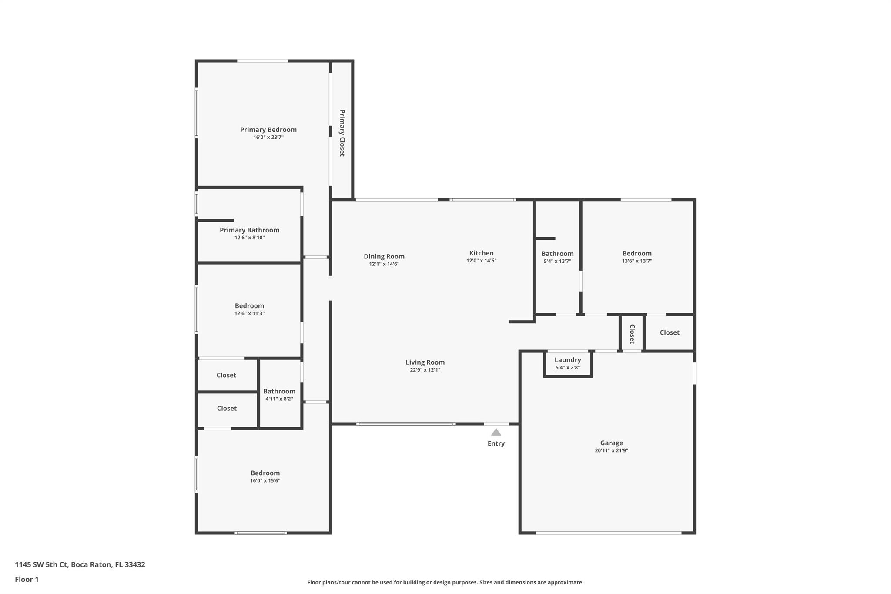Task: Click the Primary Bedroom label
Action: coord(268,130)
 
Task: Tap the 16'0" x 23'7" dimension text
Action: coord(268,138)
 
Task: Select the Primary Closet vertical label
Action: coord(342,133)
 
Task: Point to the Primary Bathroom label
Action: coord(249,230)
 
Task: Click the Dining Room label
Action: coord(384,257)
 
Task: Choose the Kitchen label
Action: coord(481,253)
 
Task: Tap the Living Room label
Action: coord(425,362)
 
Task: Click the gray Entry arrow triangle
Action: coord(496,432)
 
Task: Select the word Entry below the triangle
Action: coord(496,443)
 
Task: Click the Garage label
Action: coord(612,443)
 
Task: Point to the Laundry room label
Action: coord(568,360)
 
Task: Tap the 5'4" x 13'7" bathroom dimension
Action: coord(557,262)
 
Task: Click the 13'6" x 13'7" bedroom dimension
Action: coord(637,261)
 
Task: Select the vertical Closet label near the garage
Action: coord(632,334)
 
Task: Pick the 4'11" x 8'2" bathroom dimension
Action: coord(279,399)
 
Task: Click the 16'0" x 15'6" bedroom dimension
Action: coord(265,481)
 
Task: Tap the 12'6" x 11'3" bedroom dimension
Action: coord(249,314)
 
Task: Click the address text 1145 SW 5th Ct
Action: coord(41,565)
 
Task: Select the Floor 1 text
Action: coord(27,580)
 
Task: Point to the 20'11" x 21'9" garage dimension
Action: coord(612,451)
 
